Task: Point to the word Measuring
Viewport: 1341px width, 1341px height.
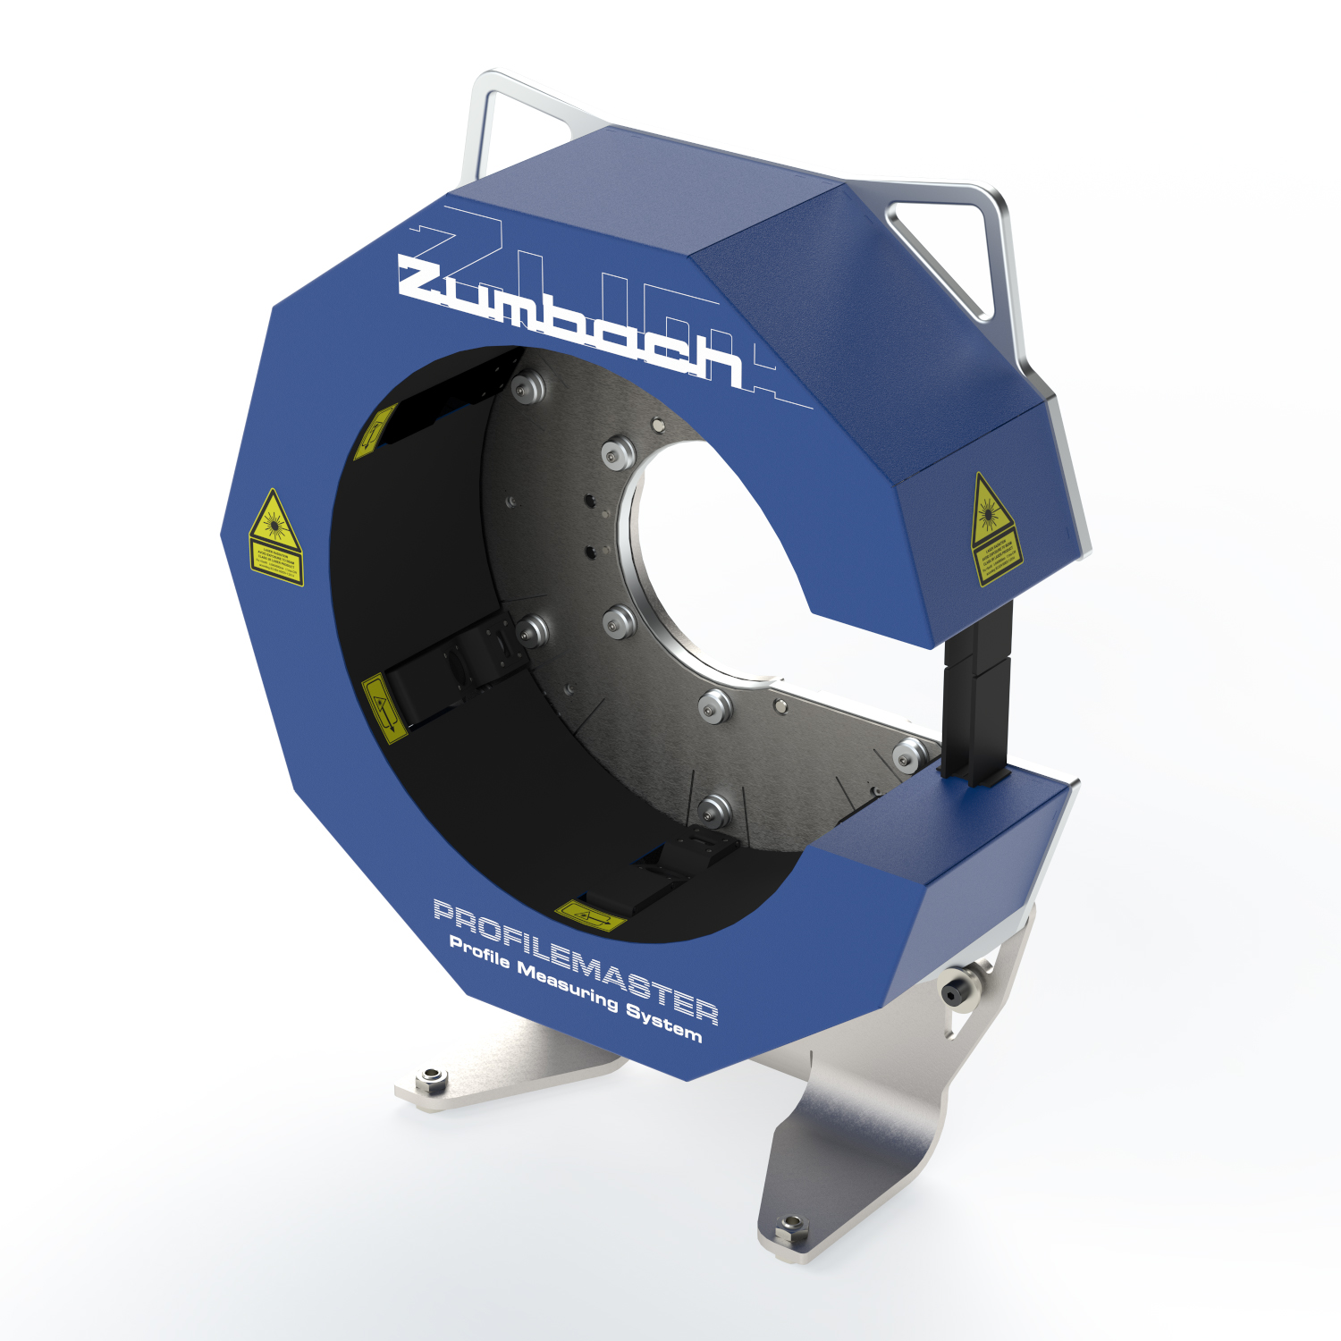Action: coord(567,987)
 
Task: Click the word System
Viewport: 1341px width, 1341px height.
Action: coord(663,1024)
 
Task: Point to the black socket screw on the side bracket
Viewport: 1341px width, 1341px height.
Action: coord(953,991)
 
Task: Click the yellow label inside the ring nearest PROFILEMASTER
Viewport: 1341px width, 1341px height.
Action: coord(590,915)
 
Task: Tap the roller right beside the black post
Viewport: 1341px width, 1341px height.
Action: coord(910,754)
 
